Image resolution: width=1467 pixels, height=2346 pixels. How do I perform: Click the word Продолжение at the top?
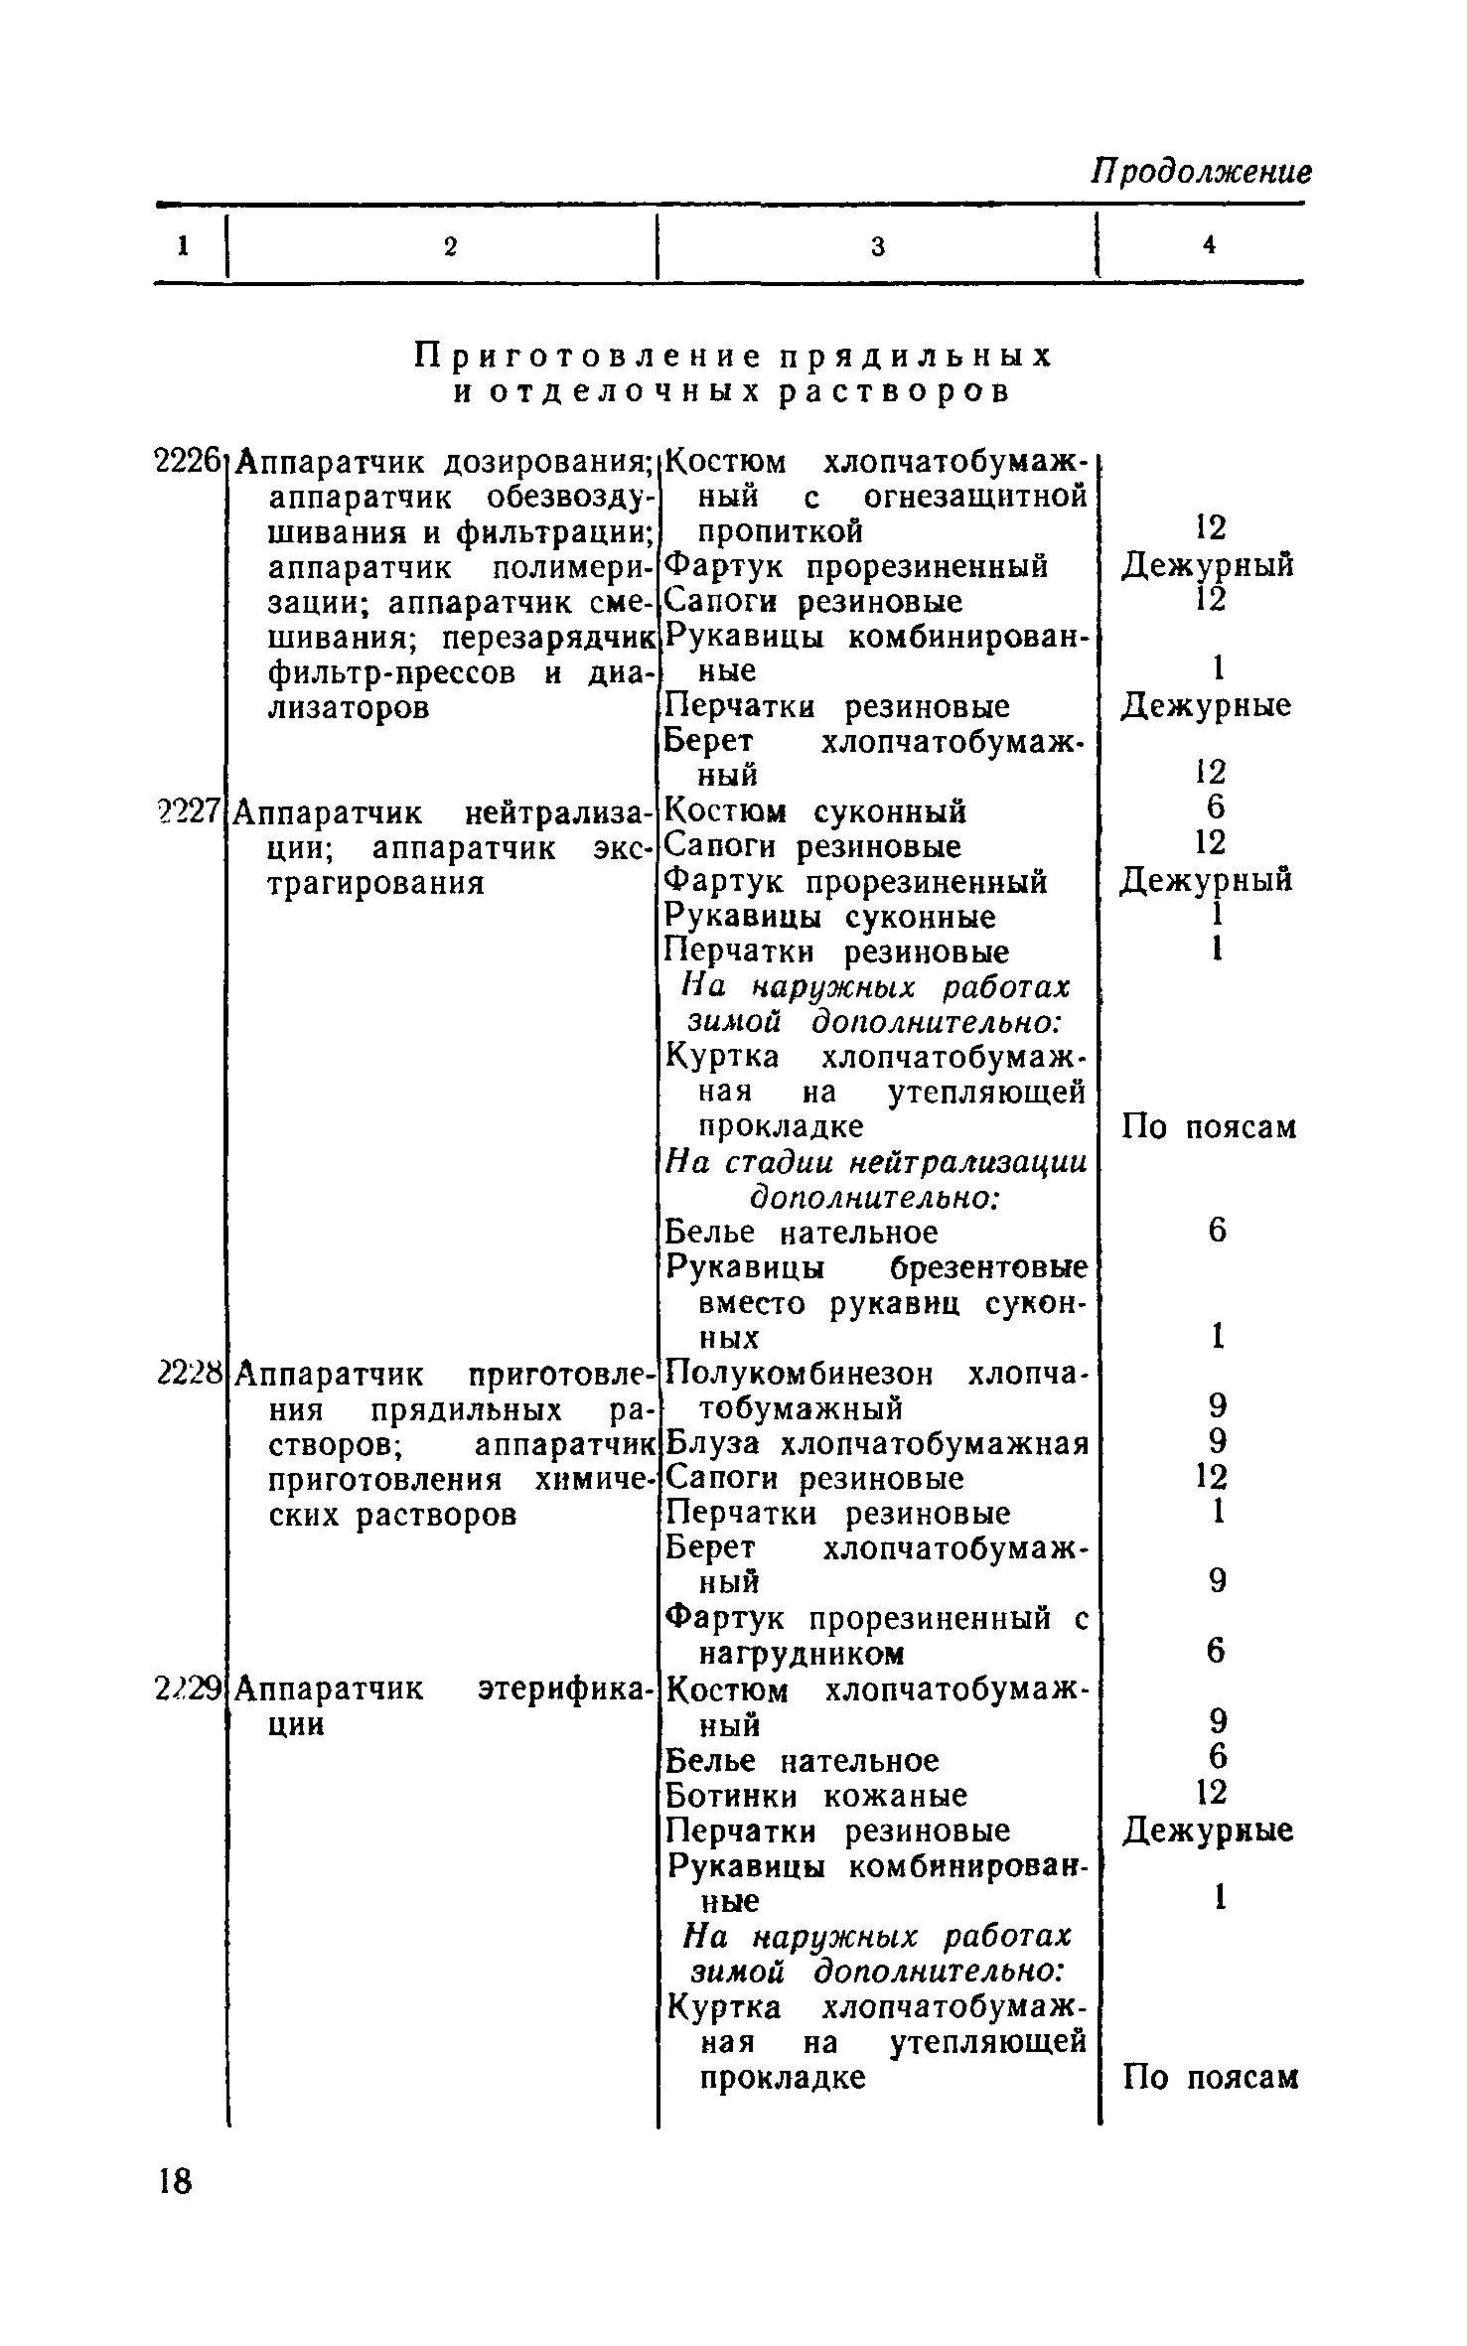[1202, 172]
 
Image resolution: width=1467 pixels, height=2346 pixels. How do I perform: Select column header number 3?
[878, 246]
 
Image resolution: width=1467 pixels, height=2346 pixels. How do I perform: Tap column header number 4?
[1209, 245]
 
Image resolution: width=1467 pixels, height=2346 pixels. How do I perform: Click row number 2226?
[188, 462]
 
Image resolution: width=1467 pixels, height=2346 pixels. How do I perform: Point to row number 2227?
[188, 811]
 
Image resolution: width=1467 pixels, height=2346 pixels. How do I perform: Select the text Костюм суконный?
[814, 811]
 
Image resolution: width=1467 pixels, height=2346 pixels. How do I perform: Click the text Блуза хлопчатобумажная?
[876, 1443]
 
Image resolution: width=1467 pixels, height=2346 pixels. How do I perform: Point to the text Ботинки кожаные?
[815, 1796]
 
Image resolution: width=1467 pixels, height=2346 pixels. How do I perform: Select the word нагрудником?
[802, 1654]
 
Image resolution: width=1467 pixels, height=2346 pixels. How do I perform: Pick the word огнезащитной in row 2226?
[975, 497]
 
